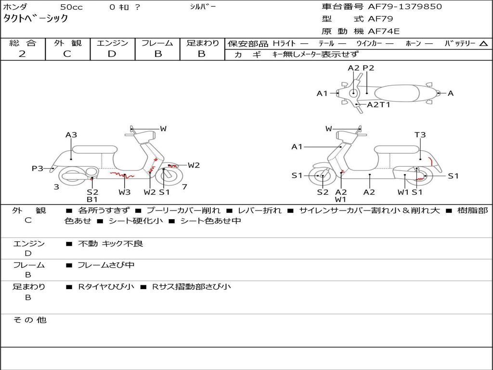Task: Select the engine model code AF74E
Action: click(384, 32)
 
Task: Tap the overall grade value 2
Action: click(22, 54)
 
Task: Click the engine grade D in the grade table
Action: click(112, 54)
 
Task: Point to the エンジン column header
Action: click(112, 43)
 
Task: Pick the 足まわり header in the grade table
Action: click(203, 43)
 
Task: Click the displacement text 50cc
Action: click(71, 7)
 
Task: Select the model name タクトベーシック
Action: click(36, 19)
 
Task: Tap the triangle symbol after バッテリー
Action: click(483, 43)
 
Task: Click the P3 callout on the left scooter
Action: click(38, 168)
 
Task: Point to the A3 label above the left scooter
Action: click(71, 135)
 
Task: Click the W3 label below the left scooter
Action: click(124, 192)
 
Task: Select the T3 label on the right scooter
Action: click(420, 135)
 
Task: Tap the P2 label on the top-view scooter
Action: click(368, 68)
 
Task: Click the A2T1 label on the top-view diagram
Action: click(378, 105)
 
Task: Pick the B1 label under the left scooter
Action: click(92, 199)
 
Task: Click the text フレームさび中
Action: click(106, 265)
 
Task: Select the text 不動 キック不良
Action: click(110, 244)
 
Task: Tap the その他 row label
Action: click(29, 320)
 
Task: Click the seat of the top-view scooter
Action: click(400, 93)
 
